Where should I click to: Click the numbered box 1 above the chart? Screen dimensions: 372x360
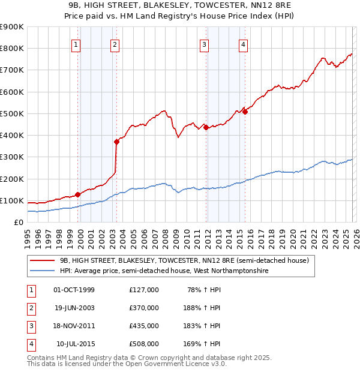76,44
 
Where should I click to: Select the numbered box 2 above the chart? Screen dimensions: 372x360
115,44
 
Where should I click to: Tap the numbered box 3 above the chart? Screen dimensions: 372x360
205,44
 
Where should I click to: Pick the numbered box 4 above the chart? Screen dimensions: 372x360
243,44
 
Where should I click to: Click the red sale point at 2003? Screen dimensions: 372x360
117,142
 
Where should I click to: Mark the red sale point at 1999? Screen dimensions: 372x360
78,194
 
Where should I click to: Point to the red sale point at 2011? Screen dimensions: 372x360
206,127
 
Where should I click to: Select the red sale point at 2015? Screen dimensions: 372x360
245,112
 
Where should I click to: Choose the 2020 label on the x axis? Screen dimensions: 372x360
292,234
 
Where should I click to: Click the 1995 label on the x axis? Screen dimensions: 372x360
28,234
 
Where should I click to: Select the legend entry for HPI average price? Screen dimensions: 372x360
163,271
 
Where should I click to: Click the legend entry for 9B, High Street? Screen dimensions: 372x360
184,261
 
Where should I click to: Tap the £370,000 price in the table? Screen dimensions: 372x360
144,308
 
